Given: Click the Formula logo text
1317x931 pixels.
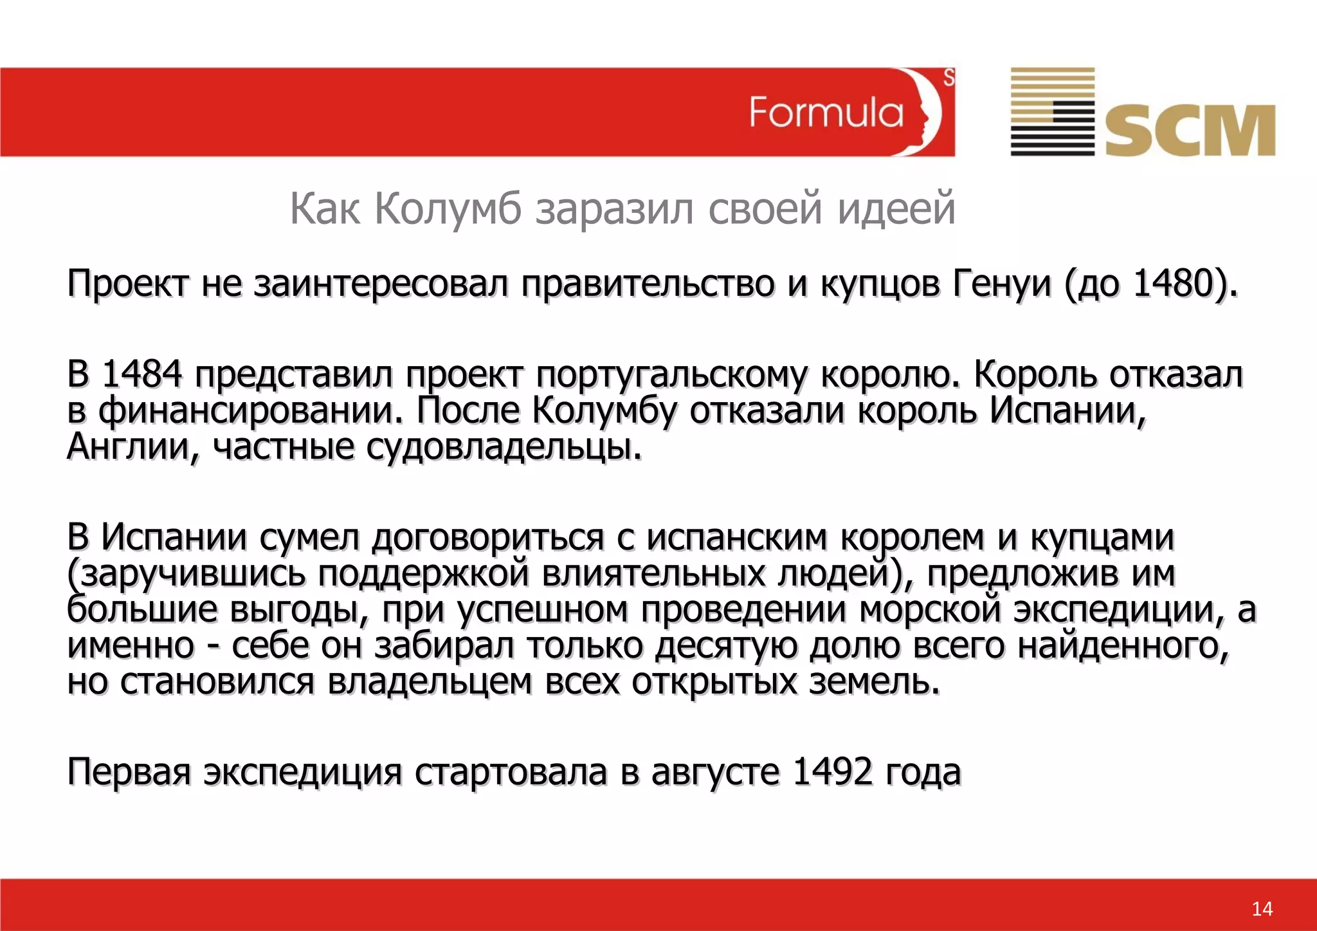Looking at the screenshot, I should pos(826,113).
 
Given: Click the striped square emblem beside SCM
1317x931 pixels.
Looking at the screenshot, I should pos(1052,111).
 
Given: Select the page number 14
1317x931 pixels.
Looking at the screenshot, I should pos(1262,908).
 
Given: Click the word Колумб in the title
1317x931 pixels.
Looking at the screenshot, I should pos(448,208).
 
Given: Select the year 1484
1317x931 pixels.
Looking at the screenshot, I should pos(142,374).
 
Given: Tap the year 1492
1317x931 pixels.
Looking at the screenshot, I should pos(833,771).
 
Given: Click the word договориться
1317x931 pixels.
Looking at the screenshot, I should pos(488,538).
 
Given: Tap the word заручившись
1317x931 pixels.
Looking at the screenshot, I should pos(186,574).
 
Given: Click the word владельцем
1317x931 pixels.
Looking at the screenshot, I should pos(430,682).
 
